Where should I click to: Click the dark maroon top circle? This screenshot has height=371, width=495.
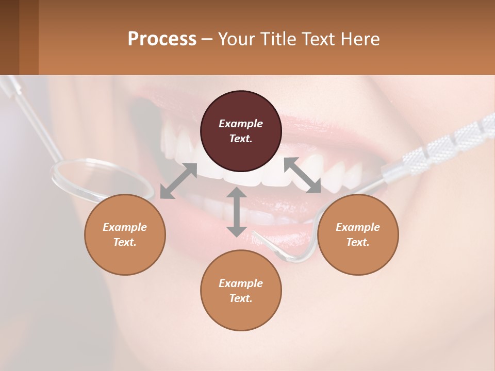pos(241,131)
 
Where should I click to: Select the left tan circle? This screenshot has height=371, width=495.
pos(125,234)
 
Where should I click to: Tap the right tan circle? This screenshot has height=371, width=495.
pos(358,234)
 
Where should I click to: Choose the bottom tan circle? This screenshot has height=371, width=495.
pos(241,290)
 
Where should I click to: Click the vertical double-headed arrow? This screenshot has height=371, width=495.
pos(237,212)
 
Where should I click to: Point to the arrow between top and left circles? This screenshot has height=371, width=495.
pos(178,180)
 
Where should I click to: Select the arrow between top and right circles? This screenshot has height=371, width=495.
pos(303,175)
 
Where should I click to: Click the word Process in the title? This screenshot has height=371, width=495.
pos(162,39)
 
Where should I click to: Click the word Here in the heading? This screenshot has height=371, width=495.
pos(360,39)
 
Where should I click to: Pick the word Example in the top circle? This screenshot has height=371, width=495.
pos(241,124)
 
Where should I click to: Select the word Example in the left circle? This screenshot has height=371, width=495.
pos(125,227)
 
